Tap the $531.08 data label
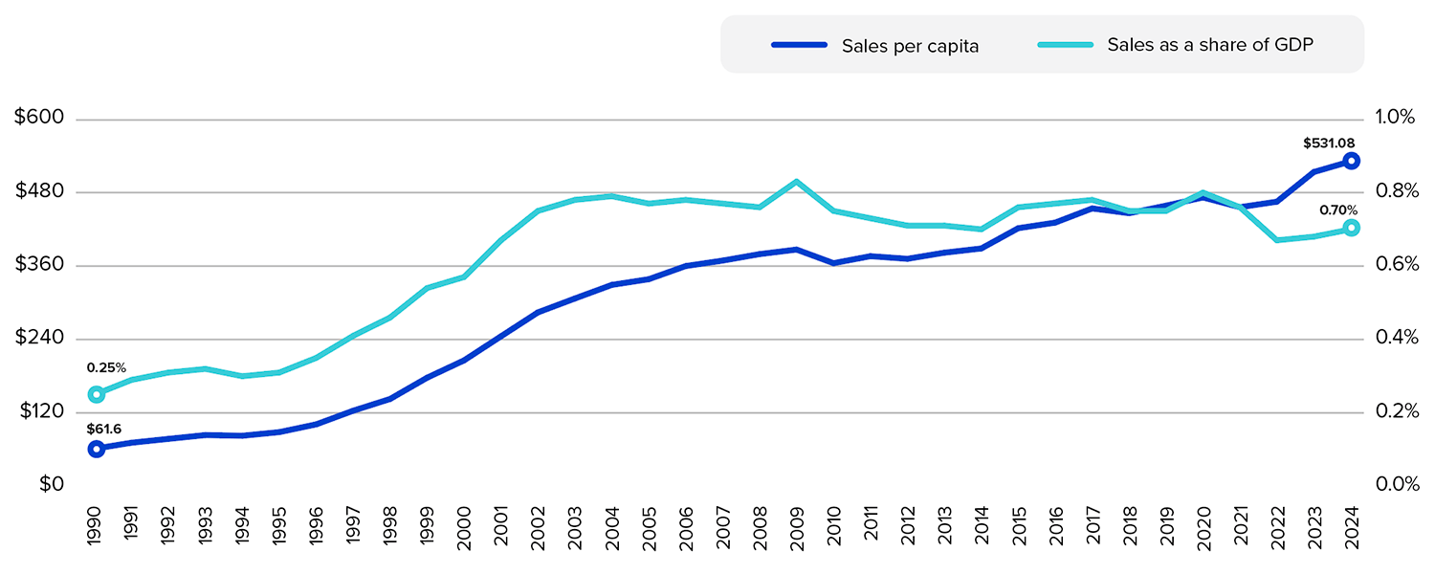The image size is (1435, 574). click(1329, 143)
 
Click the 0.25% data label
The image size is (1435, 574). click(106, 367)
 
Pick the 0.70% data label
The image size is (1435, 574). click(1338, 210)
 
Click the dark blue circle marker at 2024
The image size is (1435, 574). click(1351, 161)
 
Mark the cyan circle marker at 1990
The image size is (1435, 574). click(96, 394)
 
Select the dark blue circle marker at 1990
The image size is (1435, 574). click(96, 449)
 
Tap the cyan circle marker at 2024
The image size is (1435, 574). click(1351, 228)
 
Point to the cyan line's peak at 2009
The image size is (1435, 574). click(796, 181)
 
